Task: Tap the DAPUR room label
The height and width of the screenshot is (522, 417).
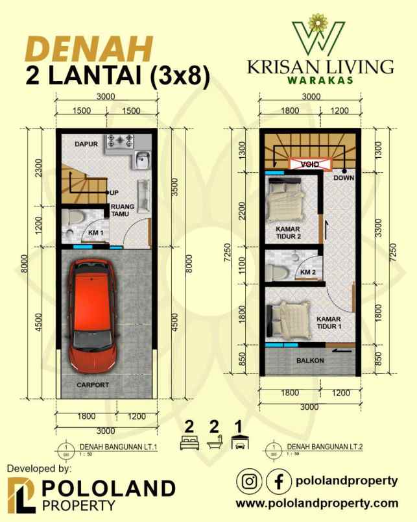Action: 86,144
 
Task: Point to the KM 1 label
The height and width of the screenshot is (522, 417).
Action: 96,232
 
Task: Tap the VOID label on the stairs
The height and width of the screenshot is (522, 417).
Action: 309,165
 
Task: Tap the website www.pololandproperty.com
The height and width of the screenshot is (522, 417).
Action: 316,503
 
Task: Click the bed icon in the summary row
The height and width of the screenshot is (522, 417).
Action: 189,443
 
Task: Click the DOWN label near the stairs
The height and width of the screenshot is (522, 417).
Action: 343,177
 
